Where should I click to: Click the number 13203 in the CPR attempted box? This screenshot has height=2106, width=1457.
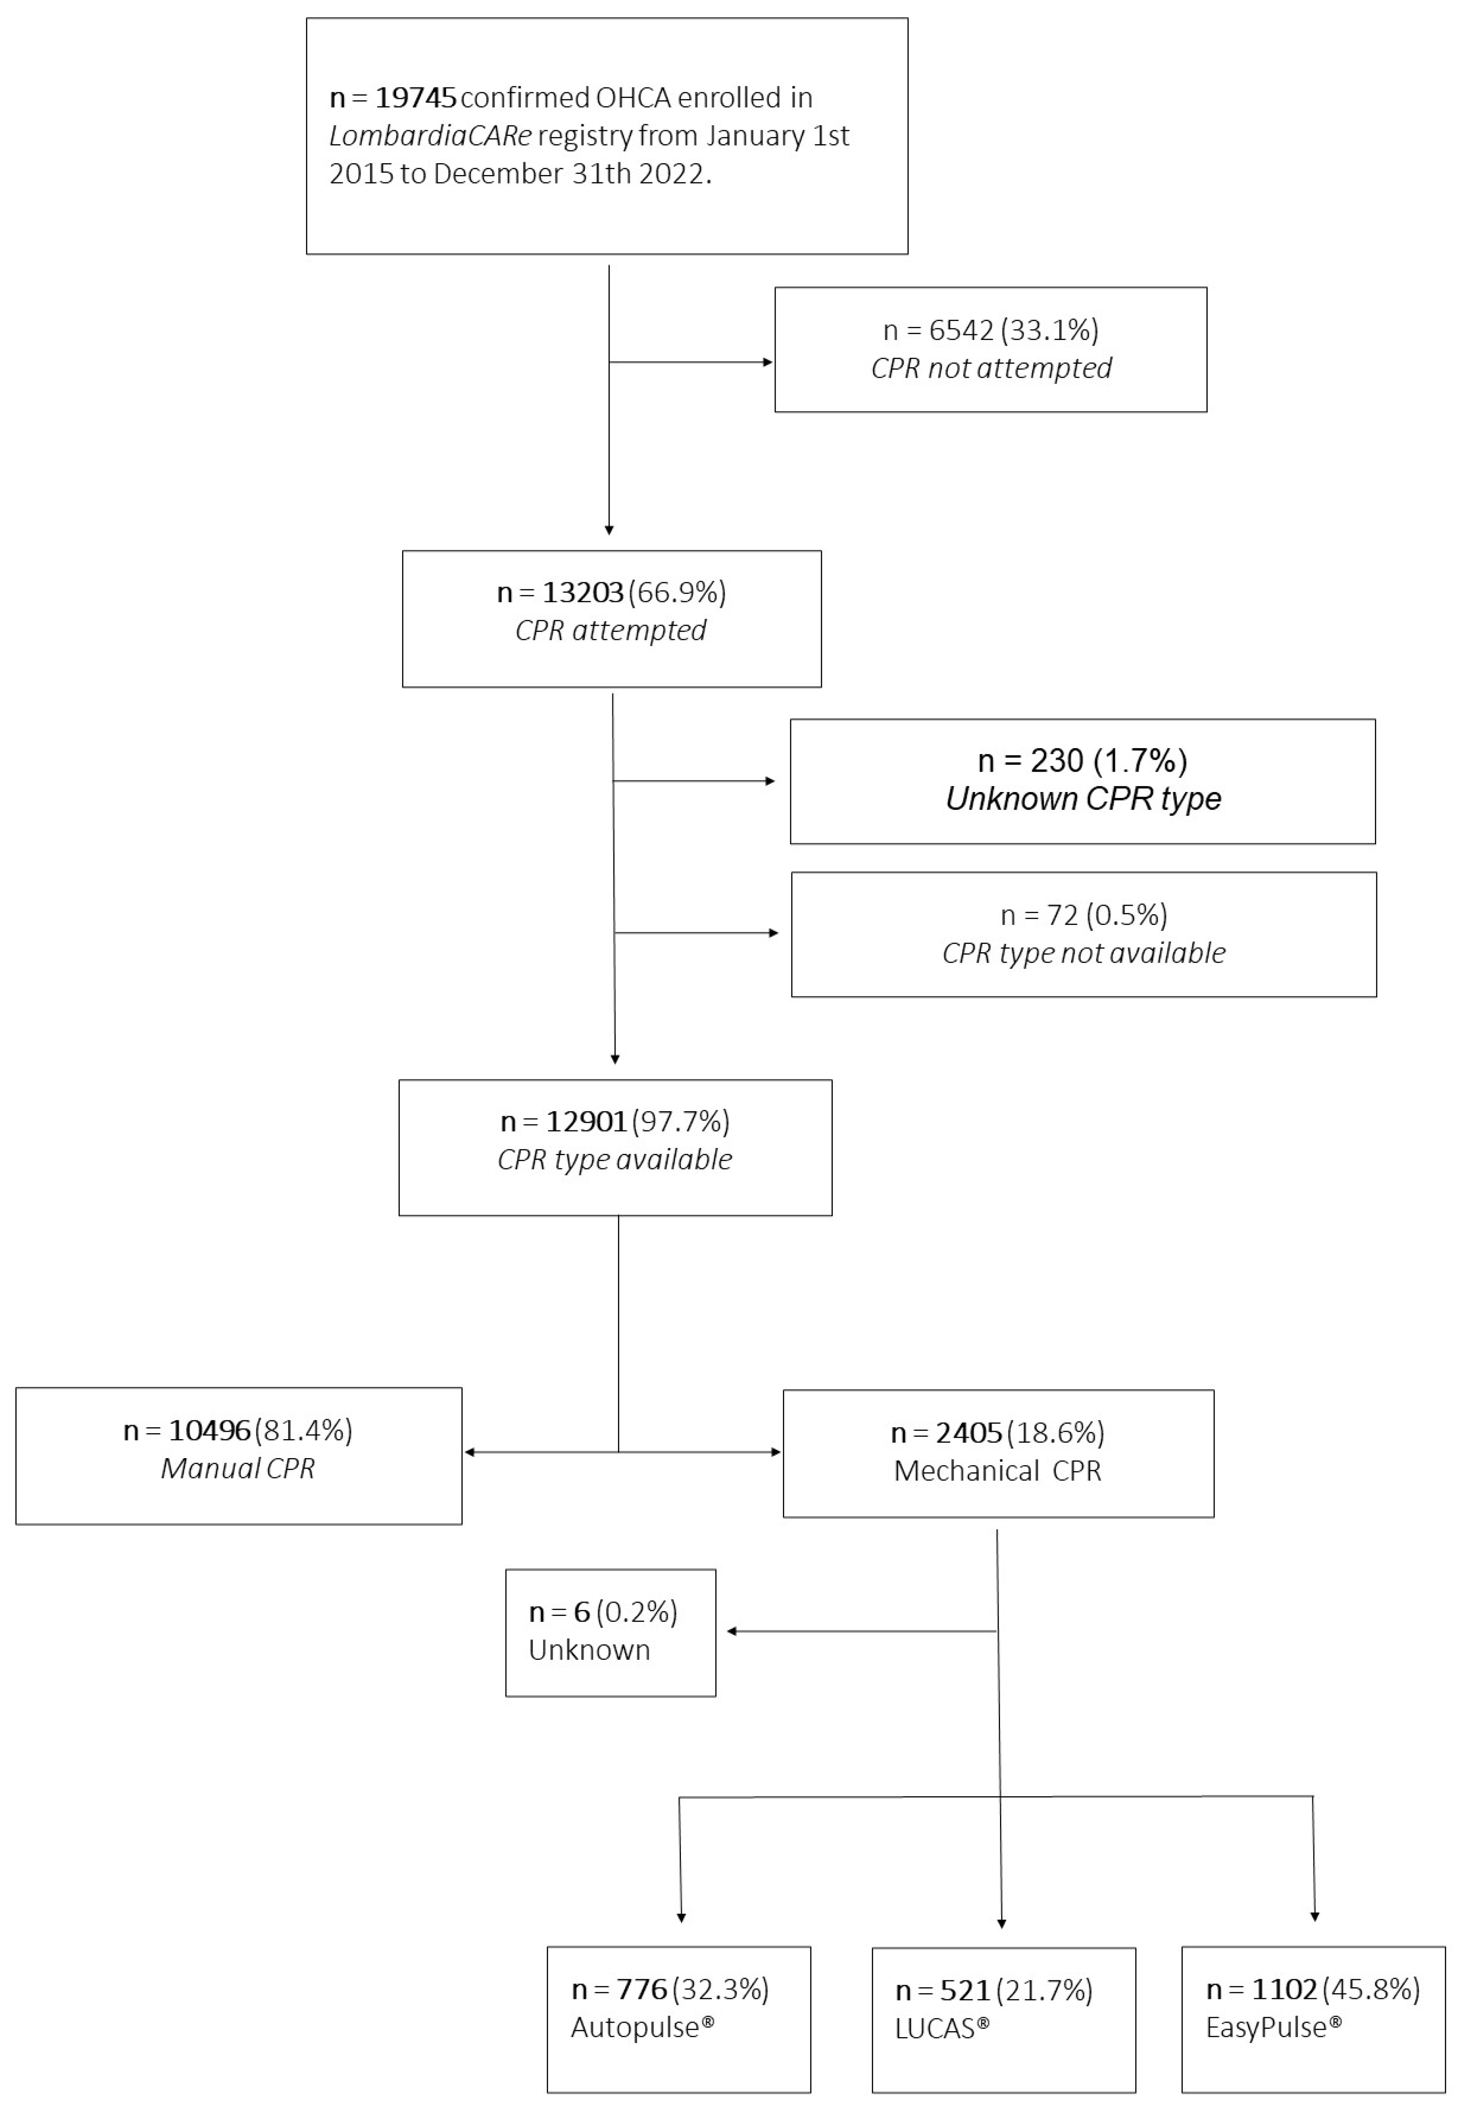click(583, 593)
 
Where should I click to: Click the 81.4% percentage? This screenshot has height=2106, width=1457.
click(304, 1430)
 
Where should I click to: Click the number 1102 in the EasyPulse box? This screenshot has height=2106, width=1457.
click(1283, 1989)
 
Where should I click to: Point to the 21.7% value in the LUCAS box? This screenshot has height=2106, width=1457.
click(1044, 1990)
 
